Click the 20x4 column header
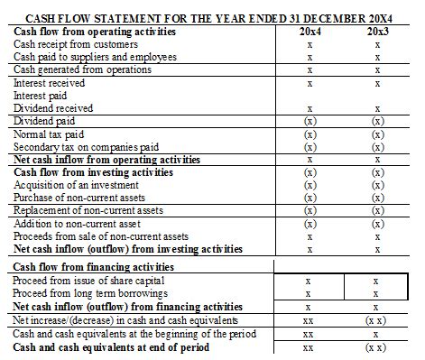pos(310,32)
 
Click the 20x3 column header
pos(379,32)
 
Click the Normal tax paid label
pos(49,134)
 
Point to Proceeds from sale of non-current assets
pos(102,235)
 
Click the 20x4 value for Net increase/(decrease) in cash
pos(310,320)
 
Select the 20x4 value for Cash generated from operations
pos(310,69)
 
